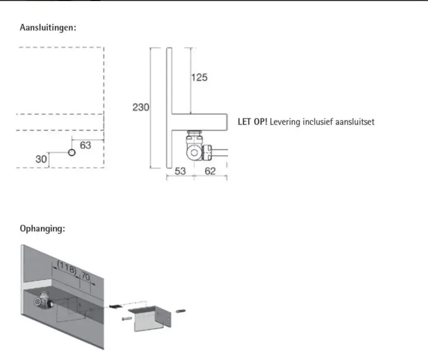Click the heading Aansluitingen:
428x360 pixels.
point(48,27)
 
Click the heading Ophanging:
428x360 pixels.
point(42,228)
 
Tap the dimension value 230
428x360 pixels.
point(141,108)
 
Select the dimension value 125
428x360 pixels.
point(200,78)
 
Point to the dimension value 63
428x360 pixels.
point(86,145)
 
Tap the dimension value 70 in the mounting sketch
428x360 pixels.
point(86,277)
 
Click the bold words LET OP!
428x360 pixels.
point(253,122)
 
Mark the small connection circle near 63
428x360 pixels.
point(72,152)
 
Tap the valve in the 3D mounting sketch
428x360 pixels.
point(43,301)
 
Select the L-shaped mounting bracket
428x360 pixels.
point(151,319)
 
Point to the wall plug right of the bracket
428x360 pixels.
point(181,310)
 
